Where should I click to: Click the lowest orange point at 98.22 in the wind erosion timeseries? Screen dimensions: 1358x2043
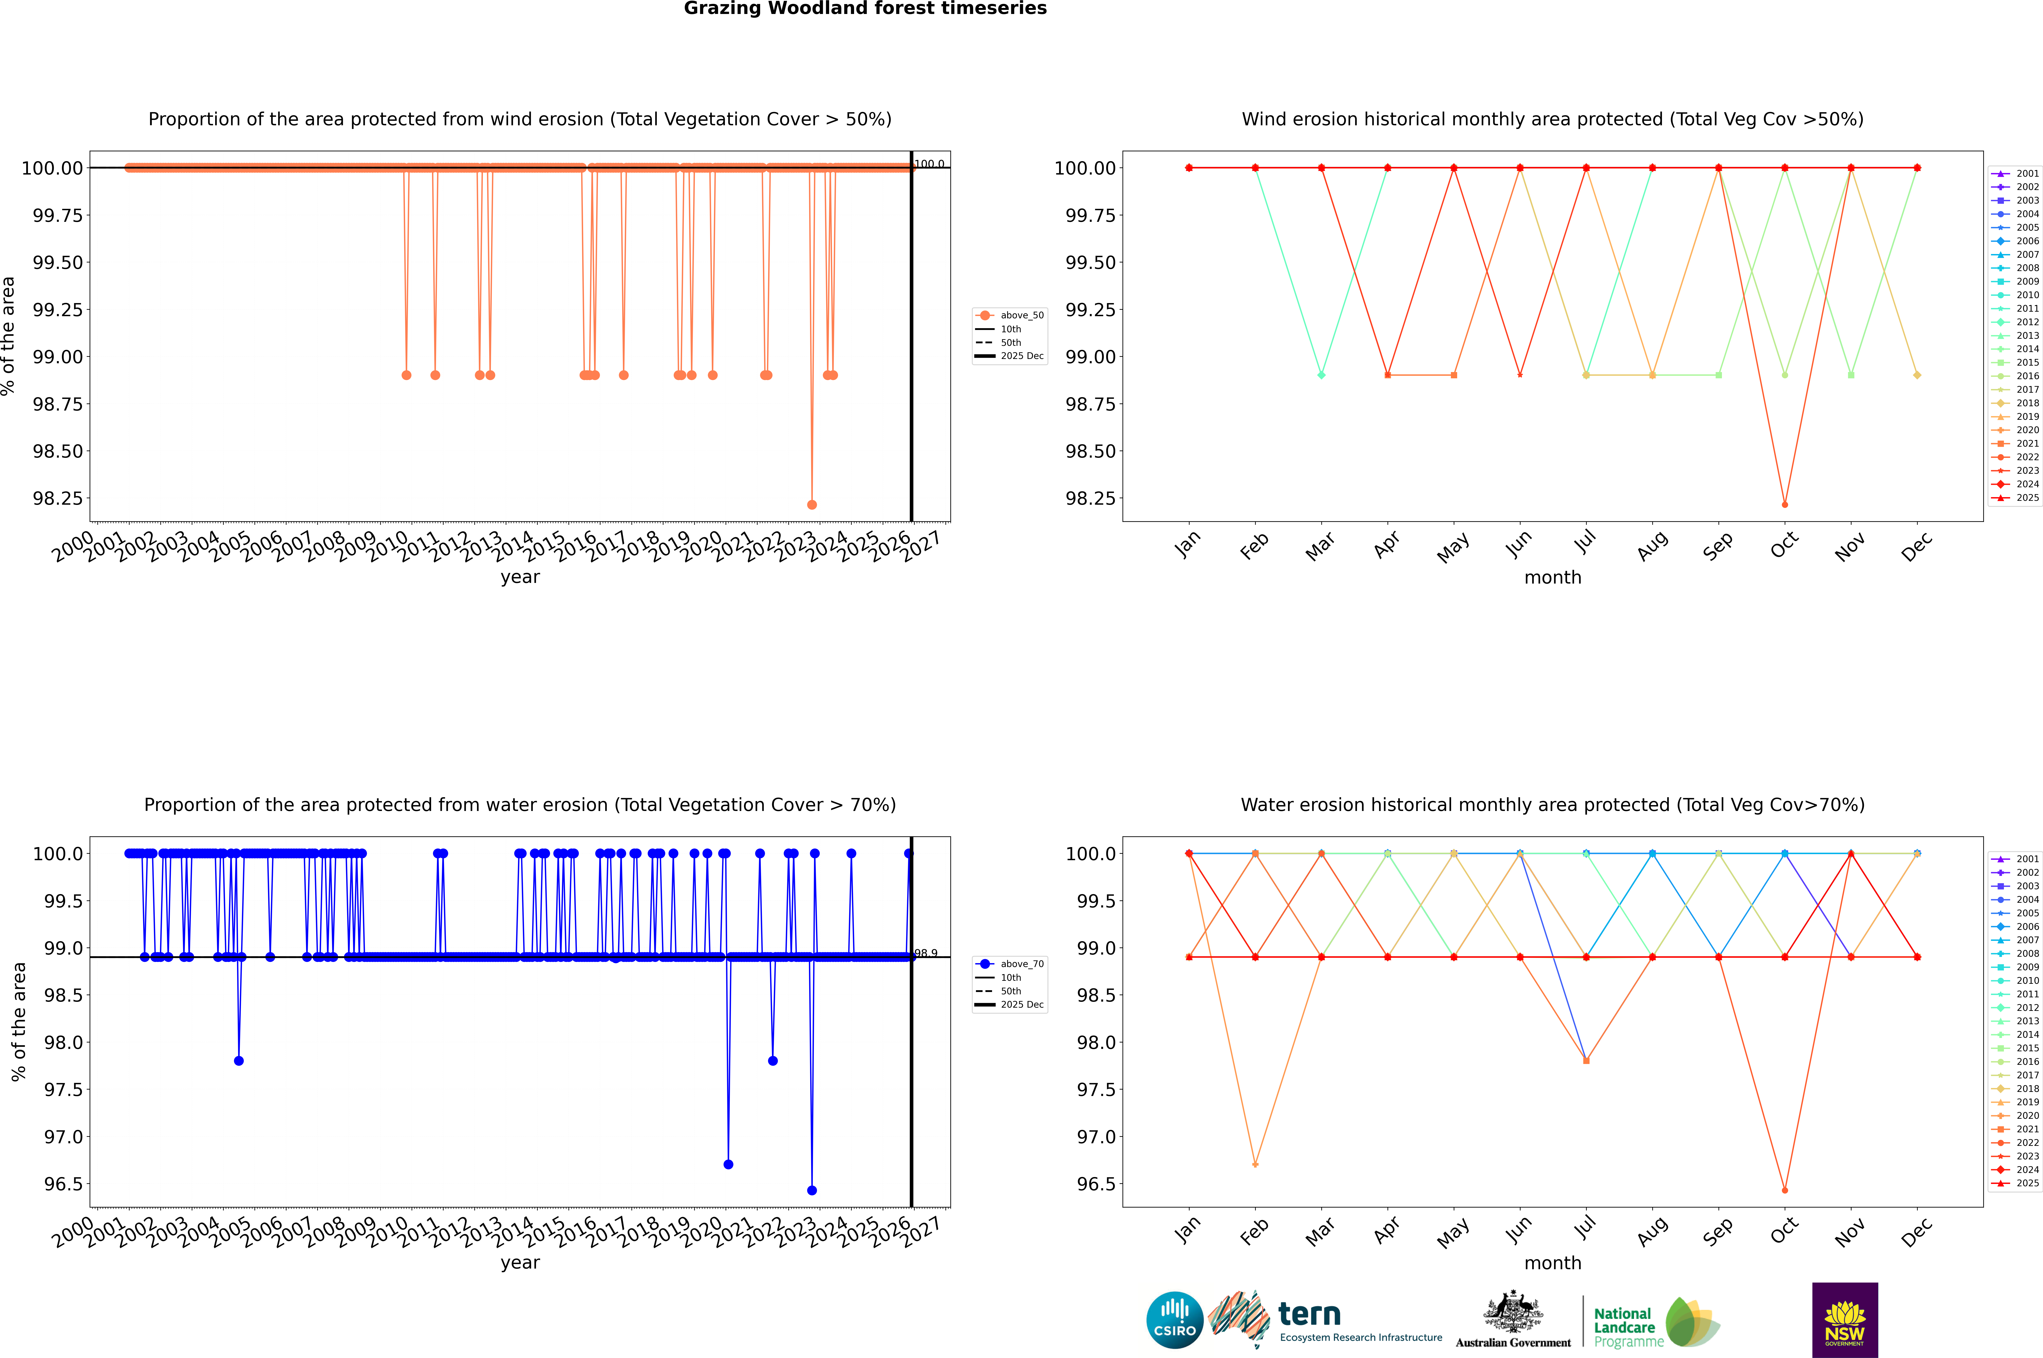tap(812, 504)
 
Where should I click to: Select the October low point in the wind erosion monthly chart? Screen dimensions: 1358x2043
tap(1785, 504)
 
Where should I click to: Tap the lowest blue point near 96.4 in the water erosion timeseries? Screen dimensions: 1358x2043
tap(812, 1190)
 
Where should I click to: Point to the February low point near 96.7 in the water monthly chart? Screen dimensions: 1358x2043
tap(1255, 1164)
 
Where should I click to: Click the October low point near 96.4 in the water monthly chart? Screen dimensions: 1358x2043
tap(1785, 1190)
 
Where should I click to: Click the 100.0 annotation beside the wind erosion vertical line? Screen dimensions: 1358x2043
tap(929, 164)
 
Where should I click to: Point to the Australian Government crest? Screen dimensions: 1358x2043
tap(1513, 1314)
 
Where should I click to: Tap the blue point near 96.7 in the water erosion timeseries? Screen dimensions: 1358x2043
tap(728, 1164)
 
